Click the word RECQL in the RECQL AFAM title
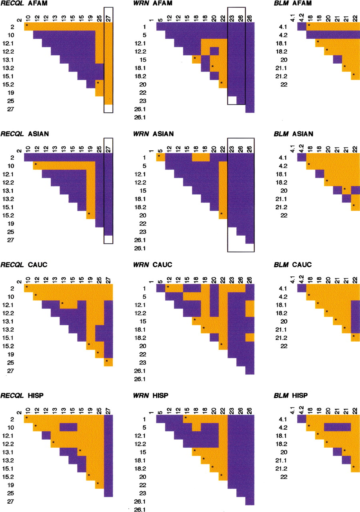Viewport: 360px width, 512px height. coord(12,4)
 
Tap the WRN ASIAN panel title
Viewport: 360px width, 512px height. coord(153,134)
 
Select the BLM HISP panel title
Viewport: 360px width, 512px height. coord(291,395)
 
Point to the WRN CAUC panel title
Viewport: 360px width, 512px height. coord(153,265)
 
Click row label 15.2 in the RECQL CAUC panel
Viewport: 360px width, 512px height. coord(8,346)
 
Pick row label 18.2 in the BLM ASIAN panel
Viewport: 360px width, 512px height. coord(281,182)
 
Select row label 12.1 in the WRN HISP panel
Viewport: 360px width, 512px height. coord(140,436)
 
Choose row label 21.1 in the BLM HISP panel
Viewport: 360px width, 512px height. coord(281,460)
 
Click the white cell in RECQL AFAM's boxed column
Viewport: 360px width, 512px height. coord(108,108)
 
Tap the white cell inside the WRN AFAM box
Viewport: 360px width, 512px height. coord(232,100)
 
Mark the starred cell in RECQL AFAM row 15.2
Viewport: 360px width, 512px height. coord(100,84)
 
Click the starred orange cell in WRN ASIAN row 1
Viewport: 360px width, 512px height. coord(160,157)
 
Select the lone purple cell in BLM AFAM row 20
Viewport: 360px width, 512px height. coord(338,60)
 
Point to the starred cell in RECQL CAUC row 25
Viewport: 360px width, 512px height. coord(108,362)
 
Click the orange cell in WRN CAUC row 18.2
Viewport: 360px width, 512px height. coord(250,337)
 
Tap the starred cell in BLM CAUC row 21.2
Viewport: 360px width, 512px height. coord(356,337)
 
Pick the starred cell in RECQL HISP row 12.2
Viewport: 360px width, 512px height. coord(55,444)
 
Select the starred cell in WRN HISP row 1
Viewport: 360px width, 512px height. coord(188,419)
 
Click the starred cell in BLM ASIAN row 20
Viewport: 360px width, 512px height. coord(346,190)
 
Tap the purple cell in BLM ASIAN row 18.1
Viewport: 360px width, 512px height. coord(320,174)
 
